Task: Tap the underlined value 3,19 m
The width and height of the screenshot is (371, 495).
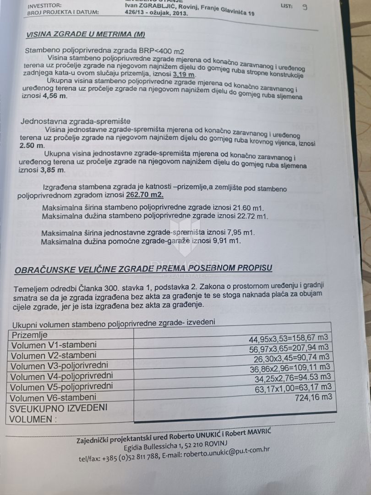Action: [185, 74]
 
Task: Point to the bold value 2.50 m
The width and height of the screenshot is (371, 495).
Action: [32, 145]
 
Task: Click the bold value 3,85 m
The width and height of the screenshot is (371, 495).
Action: [54, 170]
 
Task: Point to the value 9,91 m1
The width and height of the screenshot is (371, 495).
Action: [224, 241]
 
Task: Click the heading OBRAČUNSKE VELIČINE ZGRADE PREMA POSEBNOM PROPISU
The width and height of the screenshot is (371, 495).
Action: [143, 269]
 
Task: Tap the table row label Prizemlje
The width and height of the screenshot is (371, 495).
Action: [30, 335]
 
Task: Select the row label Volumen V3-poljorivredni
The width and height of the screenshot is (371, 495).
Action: [60, 365]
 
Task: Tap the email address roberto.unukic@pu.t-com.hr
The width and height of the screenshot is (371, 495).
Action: [226, 453]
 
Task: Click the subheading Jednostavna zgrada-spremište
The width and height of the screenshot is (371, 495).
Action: [76, 121]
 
